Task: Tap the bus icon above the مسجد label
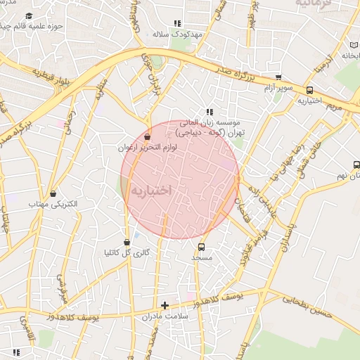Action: [x=202, y=247]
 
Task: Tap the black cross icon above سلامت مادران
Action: [x=165, y=305]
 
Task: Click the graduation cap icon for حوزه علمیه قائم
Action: [x=28, y=16]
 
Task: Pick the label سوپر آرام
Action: [x=279, y=89]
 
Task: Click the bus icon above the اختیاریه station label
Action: [x=310, y=90]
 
